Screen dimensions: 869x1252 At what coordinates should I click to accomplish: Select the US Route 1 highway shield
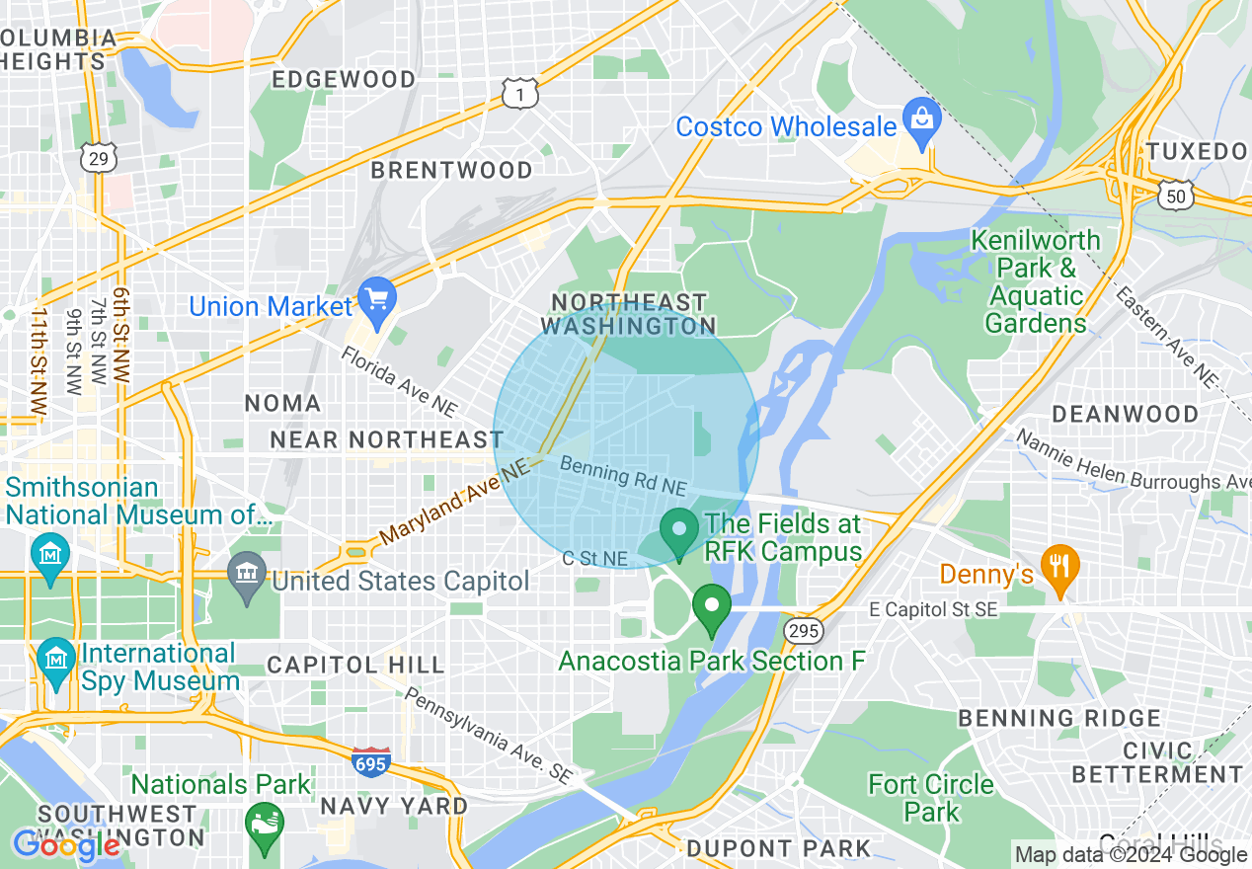pyautogui.click(x=519, y=94)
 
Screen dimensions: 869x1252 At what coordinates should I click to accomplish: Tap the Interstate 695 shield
pyautogui.click(x=370, y=761)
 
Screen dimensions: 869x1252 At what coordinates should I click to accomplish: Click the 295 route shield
pyautogui.click(x=802, y=630)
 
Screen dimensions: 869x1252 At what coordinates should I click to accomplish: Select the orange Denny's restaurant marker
pyautogui.click(x=1060, y=567)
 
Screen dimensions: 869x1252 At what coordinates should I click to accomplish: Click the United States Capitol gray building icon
pyautogui.click(x=246, y=574)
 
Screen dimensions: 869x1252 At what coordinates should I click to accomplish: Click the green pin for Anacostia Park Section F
pyautogui.click(x=710, y=606)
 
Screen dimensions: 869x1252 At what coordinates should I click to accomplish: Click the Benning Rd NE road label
pyautogui.click(x=622, y=475)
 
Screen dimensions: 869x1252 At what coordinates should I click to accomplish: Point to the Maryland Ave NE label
pyautogui.click(x=453, y=505)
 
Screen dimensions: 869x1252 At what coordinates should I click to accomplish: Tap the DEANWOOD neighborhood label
pyautogui.click(x=1125, y=414)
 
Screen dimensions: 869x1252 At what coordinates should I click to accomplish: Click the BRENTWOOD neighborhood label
pyautogui.click(x=451, y=170)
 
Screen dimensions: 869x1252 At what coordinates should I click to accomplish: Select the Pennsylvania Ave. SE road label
pyautogui.click(x=488, y=736)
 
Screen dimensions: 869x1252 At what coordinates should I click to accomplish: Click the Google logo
pyautogui.click(x=65, y=845)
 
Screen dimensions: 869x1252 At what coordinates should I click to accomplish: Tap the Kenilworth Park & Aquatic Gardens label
pyautogui.click(x=1036, y=281)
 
